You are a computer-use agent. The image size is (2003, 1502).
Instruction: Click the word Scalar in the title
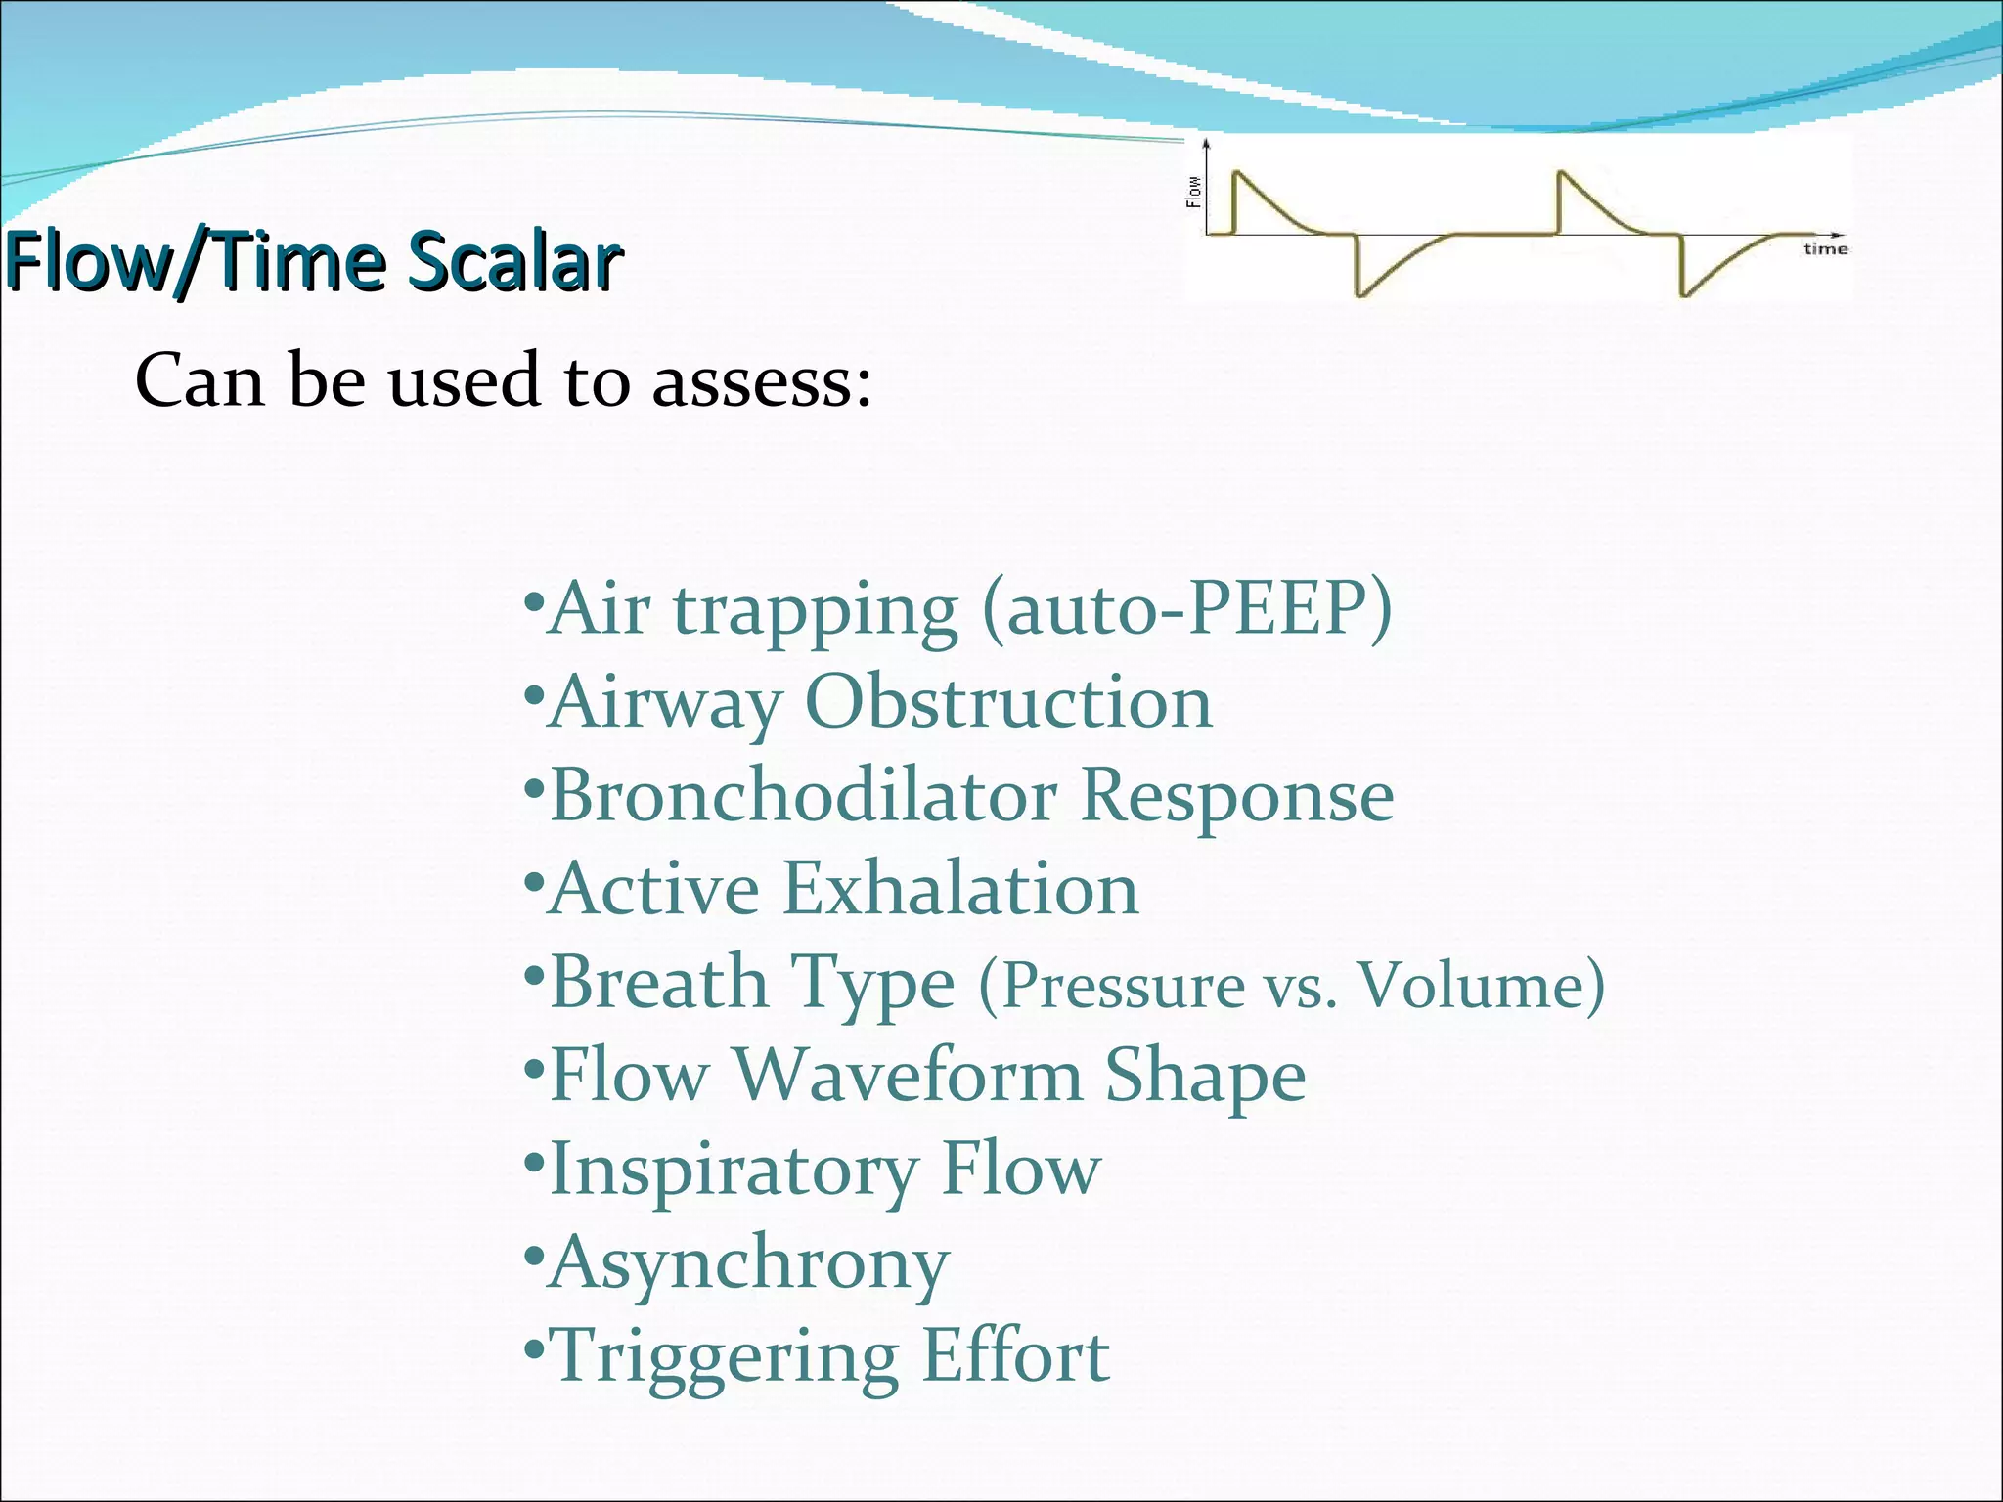(514, 262)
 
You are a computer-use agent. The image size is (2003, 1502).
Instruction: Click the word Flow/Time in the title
(196, 262)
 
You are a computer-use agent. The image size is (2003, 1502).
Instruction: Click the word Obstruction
(1007, 702)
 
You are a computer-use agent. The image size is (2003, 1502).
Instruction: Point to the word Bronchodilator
(803, 795)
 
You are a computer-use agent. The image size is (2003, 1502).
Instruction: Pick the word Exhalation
(960, 889)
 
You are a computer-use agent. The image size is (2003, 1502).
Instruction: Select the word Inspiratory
(734, 1170)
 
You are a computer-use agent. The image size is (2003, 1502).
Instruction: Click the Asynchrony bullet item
(748, 1262)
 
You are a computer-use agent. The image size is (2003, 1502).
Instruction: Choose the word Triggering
(725, 1357)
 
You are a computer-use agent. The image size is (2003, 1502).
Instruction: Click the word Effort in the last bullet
(1015, 1355)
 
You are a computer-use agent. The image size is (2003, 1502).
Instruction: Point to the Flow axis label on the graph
(1193, 192)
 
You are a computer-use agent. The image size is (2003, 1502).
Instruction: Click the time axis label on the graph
(1825, 249)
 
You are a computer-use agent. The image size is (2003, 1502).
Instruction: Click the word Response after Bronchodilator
(1237, 795)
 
